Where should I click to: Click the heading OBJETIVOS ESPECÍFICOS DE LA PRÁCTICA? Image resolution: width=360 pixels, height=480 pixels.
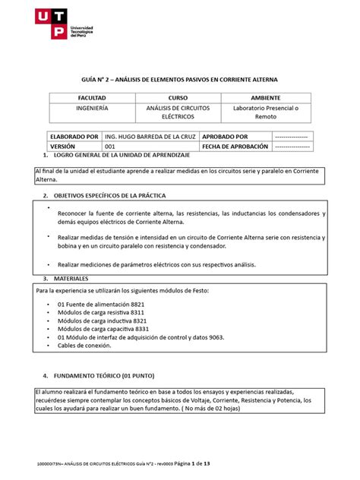click(x=125, y=195)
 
